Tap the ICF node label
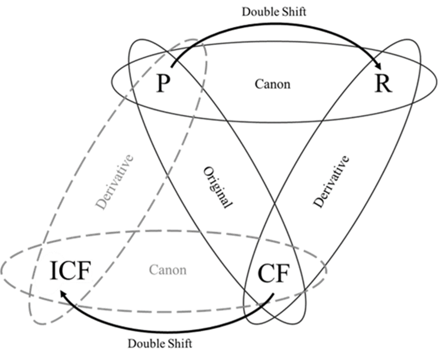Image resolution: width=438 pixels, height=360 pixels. (x=70, y=271)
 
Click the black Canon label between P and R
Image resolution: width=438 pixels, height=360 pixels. (x=273, y=84)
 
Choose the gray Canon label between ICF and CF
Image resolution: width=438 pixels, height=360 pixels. (x=167, y=269)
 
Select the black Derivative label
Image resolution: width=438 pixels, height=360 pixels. (x=331, y=181)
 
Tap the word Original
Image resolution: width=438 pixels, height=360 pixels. (x=217, y=187)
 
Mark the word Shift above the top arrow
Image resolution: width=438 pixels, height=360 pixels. (x=292, y=12)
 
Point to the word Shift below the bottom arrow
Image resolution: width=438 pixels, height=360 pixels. (x=178, y=343)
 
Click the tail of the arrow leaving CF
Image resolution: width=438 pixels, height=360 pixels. (x=274, y=293)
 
